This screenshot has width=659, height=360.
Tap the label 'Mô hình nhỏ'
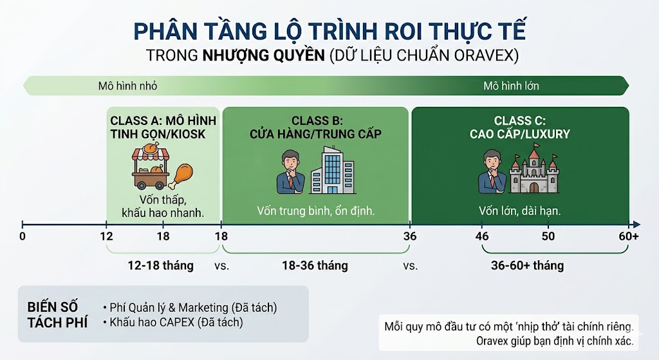tap(128, 86)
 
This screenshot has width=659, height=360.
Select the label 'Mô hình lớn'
tap(511, 86)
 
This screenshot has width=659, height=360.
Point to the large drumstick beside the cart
tap(181, 176)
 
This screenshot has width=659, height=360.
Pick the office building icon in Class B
tap(332, 170)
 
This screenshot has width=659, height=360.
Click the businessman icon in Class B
tap(290, 172)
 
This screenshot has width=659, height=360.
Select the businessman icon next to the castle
tap(492, 171)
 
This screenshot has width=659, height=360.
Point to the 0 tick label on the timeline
tap(23, 236)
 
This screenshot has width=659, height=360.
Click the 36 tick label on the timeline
tap(410, 236)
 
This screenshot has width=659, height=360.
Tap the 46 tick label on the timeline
tap(482, 236)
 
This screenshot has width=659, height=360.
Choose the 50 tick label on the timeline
tap(548, 236)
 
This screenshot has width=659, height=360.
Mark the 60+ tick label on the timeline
tap(629, 236)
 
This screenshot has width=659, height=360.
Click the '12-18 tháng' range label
tap(160, 266)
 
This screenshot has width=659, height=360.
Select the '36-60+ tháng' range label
tap(528, 266)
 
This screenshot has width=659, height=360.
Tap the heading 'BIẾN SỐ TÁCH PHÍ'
tap(57, 314)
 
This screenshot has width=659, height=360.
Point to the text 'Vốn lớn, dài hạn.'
tap(520, 211)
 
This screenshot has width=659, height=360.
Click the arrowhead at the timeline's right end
tap(636, 225)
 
